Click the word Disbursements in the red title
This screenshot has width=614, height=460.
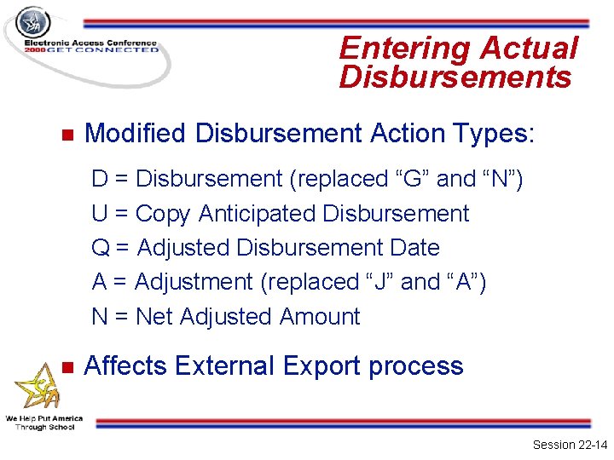pos(455,78)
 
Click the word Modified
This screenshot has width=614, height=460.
pos(136,134)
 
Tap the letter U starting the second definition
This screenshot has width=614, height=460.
pos(100,214)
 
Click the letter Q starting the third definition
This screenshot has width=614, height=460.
pos(101,249)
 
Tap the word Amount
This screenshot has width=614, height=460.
pos(320,317)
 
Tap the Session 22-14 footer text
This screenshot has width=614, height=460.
pos(569,445)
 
